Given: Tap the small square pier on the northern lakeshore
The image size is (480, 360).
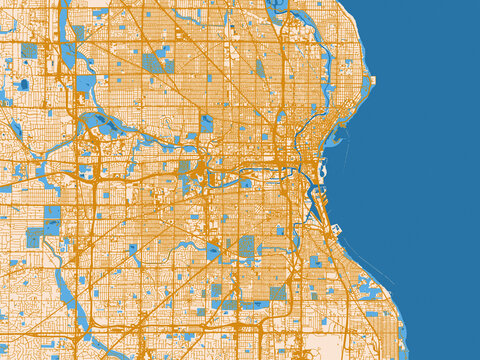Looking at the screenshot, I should click(372, 79).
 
